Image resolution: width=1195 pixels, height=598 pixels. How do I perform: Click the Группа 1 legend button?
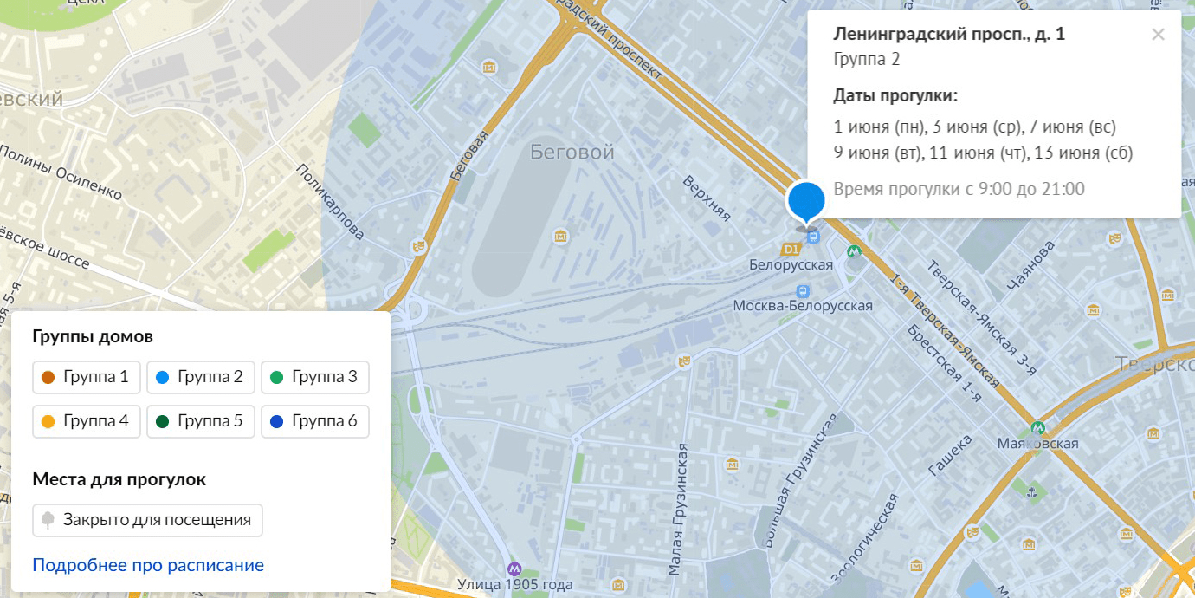tap(87, 377)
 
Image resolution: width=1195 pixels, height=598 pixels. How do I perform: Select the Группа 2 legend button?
tap(201, 377)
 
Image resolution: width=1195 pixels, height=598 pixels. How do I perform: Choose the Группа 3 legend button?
tap(315, 377)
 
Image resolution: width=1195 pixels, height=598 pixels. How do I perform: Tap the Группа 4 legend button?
tap(87, 421)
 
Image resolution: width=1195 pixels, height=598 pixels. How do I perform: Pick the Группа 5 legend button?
tap(201, 421)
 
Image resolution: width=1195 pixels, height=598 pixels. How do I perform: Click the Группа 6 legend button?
tap(315, 421)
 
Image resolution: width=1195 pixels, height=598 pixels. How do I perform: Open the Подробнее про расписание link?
tap(148, 565)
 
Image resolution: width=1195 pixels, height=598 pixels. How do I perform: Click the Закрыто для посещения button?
tap(147, 520)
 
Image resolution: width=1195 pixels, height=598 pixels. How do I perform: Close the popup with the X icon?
tap(1159, 35)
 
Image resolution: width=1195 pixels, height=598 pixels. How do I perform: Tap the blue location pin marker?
tap(805, 199)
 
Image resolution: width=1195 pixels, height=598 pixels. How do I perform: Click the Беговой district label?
tap(572, 153)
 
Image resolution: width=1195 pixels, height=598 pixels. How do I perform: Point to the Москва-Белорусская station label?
tap(803, 306)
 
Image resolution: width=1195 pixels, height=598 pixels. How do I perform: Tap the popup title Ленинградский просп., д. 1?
tap(949, 35)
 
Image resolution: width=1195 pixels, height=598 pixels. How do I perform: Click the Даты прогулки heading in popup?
tap(895, 95)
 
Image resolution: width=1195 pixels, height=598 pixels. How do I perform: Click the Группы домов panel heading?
tap(93, 336)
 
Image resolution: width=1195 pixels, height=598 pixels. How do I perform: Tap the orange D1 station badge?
tap(789, 250)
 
